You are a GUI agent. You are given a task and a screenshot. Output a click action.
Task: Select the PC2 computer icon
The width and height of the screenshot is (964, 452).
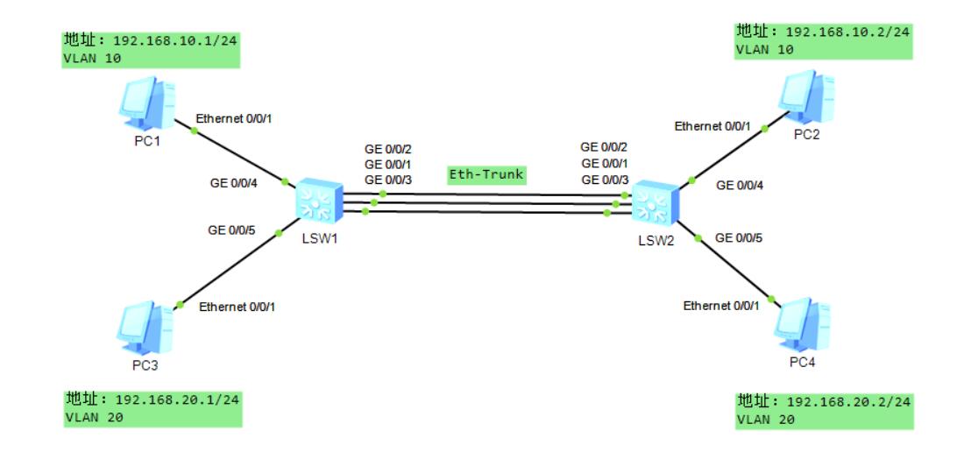[x=808, y=95]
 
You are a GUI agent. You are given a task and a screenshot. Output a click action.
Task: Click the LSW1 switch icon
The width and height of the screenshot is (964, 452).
[x=315, y=202]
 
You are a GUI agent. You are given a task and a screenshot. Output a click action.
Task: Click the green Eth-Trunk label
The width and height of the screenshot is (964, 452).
[x=486, y=174]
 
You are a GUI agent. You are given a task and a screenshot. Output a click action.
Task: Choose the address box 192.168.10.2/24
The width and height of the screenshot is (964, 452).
[x=824, y=41]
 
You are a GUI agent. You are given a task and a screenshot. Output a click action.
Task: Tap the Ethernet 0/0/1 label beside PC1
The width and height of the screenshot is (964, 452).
[x=235, y=119]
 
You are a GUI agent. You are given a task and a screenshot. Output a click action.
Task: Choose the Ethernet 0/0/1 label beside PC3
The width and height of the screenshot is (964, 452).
[x=238, y=307]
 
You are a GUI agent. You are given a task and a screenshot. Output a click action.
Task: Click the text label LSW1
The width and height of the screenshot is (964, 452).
[x=318, y=238]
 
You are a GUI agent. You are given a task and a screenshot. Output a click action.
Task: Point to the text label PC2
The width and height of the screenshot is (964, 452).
[x=807, y=134]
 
